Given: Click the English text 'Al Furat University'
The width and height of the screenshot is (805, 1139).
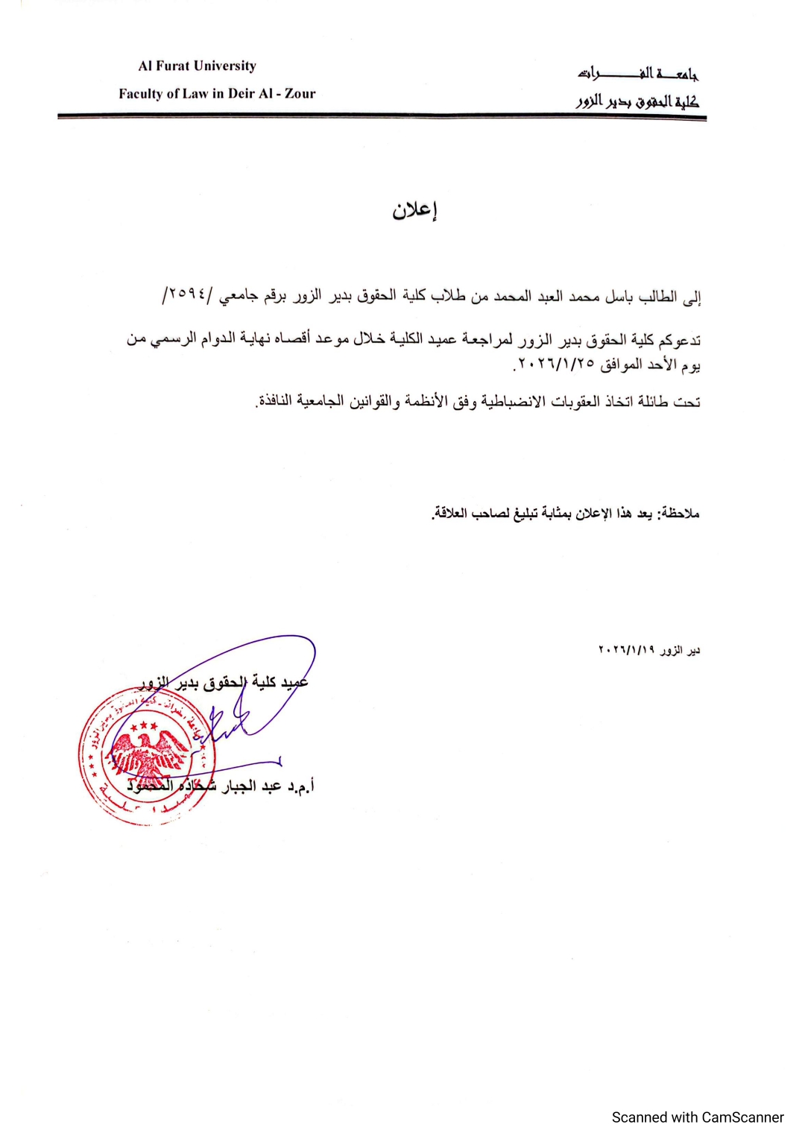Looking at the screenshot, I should pyautogui.click(x=197, y=66).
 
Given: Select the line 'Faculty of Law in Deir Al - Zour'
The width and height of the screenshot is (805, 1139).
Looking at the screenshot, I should pyautogui.click(x=217, y=93).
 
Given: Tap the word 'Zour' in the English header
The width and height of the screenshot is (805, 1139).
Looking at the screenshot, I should pyautogui.click(x=300, y=93).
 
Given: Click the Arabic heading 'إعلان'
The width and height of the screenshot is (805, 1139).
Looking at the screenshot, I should pyautogui.click(x=414, y=210).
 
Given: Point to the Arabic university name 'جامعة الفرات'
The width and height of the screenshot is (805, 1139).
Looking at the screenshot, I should pyautogui.click(x=638, y=73).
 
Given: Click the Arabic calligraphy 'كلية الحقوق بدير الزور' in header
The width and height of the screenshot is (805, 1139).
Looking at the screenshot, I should pyautogui.click(x=638, y=101).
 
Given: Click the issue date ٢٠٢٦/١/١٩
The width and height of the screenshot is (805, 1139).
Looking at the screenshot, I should pyautogui.click(x=627, y=650).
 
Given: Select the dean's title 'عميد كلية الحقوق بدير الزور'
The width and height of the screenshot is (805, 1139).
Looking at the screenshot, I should pyautogui.click(x=224, y=681).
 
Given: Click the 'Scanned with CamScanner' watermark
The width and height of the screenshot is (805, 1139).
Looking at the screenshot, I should pyautogui.click(x=697, y=1117).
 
